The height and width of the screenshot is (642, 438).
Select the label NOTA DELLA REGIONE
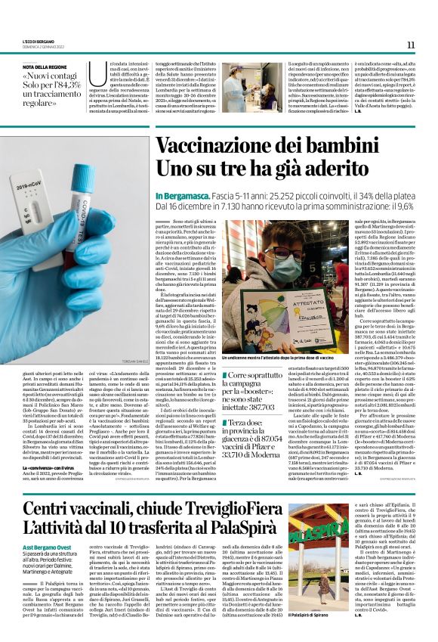(46, 67)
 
